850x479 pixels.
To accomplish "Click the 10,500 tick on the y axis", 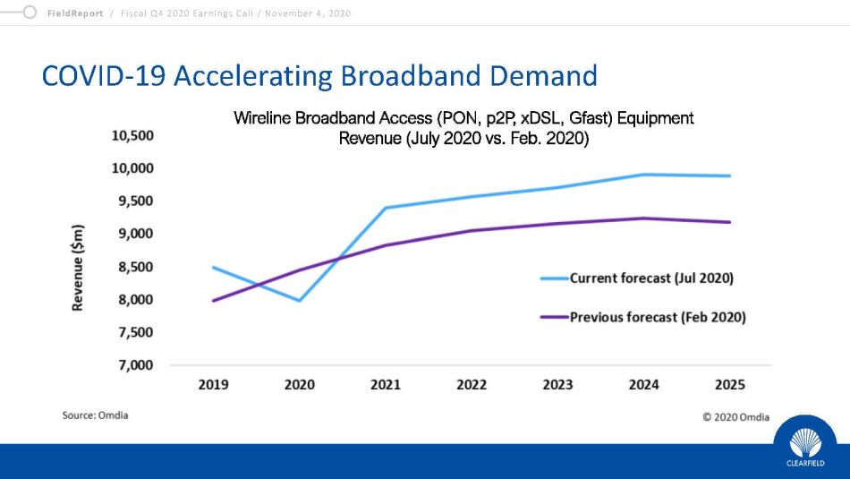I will (132, 135).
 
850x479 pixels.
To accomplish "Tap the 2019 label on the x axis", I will (213, 385).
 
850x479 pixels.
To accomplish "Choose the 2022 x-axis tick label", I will (472, 385).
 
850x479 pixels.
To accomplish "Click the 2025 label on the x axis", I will (729, 385).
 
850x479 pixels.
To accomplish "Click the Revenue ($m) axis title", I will (78, 267).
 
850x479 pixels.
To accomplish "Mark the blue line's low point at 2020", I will (299, 301).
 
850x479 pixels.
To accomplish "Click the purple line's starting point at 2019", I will (213, 301).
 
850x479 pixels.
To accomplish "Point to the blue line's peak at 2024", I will (643, 175).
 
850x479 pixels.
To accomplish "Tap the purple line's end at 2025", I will (730, 222).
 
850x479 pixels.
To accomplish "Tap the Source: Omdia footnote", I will (95, 415).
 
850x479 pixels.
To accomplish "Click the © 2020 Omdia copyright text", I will (735, 417).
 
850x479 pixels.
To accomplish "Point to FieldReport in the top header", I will (76, 13).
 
